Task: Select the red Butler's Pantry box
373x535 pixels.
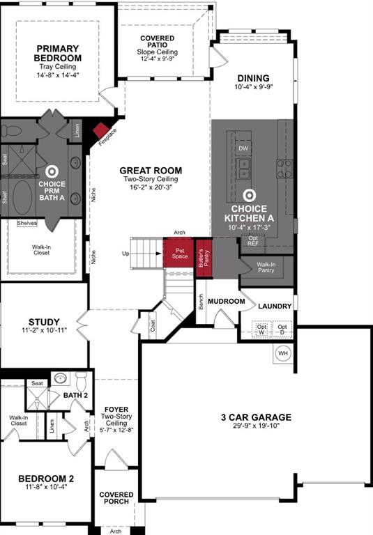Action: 203,257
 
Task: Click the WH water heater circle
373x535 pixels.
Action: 282,354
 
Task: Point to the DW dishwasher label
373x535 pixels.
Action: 243,148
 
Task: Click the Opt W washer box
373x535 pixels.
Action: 261,329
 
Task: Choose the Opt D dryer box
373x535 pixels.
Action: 282,329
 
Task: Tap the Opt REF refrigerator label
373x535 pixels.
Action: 252,241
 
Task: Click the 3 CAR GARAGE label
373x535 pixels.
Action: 257,417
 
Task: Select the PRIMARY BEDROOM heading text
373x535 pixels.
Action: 58,52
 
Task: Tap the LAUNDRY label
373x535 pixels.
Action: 274,306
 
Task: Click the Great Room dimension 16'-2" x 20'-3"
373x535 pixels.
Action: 151,187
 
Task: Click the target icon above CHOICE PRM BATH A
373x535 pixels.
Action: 52,170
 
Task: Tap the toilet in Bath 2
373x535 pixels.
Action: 80,382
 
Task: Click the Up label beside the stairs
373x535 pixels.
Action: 125,253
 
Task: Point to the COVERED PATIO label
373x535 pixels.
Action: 158,40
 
